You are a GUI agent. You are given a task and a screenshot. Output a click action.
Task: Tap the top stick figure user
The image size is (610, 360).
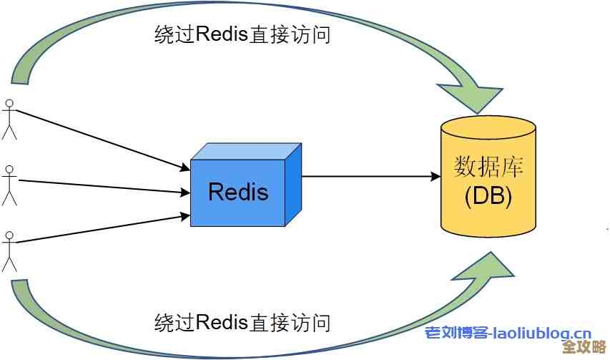click(x=9, y=119)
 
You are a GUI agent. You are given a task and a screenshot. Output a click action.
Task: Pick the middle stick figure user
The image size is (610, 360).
click(x=9, y=185)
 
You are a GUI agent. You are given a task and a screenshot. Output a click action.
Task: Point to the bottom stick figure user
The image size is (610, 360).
click(x=9, y=250)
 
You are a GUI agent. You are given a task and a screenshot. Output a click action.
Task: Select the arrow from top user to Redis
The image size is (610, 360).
click(x=100, y=140)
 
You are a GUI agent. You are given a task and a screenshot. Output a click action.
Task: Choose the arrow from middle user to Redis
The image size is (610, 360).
click(x=100, y=186)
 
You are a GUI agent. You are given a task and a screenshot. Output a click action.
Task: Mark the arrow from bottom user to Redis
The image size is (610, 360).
click(x=100, y=229)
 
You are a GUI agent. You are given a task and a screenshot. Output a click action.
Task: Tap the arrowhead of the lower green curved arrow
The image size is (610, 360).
click(x=486, y=266)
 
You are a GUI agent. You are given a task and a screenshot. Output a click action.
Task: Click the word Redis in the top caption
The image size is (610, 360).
click(x=222, y=34)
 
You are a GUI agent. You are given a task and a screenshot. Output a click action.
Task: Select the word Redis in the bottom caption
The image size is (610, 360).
click(x=222, y=322)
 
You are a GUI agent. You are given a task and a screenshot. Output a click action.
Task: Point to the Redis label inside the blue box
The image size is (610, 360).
click(x=238, y=192)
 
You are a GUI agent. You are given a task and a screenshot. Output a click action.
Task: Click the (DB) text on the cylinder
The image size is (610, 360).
click(x=488, y=196)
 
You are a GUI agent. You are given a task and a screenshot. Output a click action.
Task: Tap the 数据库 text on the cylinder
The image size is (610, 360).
click(x=488, y=167)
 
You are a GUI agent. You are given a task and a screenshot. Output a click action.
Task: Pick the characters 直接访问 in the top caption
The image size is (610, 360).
click(x=290, y=34)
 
